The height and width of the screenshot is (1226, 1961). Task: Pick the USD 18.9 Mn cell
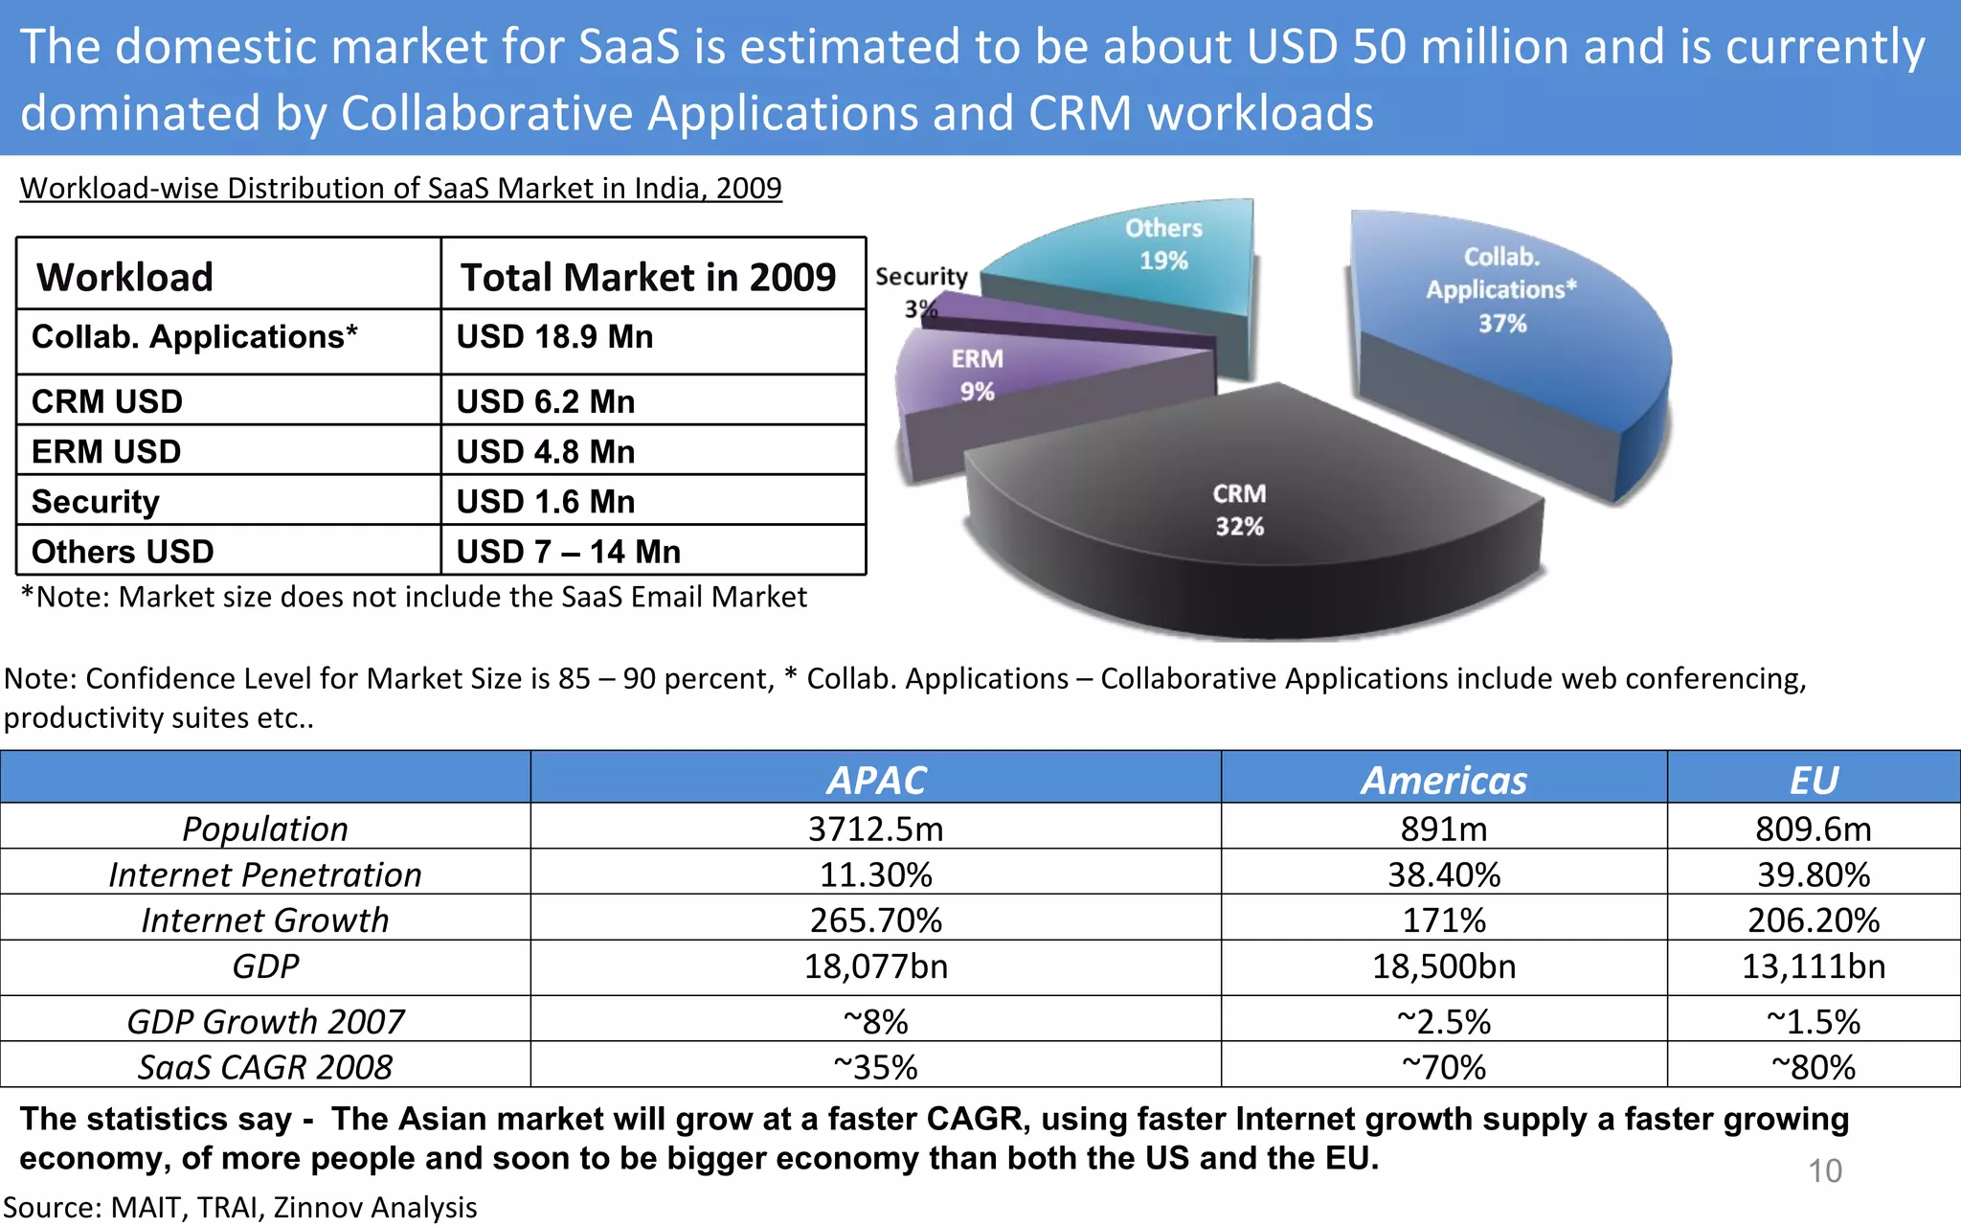(x=554, y=337)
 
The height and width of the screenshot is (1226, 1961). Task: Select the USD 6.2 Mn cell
(x=545, y=401)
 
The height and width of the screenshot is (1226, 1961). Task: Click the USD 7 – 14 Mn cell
(x=568, y=552)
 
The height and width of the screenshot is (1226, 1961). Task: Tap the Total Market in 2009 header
(x=648, y=277)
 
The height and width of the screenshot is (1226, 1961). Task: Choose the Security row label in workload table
(x=96, y=502)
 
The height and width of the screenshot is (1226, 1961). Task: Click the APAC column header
(x=876, y=780)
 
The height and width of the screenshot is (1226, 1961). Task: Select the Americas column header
(x=1444, y=780)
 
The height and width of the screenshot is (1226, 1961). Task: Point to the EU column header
(x=1814, y=780)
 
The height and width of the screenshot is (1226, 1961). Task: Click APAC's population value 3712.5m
(x=876, y=829)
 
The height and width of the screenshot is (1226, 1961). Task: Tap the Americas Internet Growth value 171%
(x=1444, y=920)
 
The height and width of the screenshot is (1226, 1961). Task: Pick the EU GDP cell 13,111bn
(x=1814, y=966)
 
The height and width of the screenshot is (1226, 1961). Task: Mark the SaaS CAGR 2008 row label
(x=265, y=1067)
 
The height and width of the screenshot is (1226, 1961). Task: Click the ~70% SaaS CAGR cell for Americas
(x=1444, y=1067)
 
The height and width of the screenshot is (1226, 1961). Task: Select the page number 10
(x=1825, y=1170)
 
